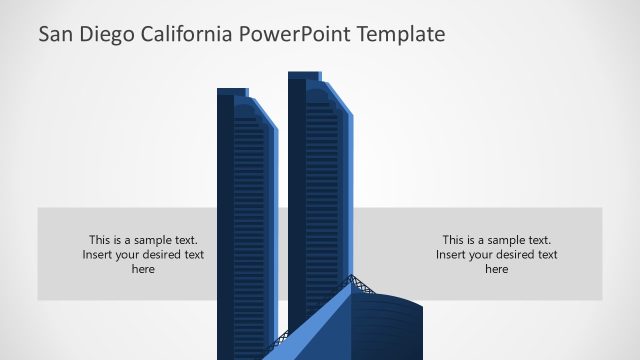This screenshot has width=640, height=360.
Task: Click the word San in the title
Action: (57, 35)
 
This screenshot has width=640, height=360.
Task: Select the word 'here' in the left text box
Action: (143, 269)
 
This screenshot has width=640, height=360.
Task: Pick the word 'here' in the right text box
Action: (497, 269)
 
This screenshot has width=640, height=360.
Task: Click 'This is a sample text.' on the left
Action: (143, 240)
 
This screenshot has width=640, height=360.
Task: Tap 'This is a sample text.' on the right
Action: (497, 240)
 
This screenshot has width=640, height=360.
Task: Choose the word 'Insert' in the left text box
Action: (99, 255)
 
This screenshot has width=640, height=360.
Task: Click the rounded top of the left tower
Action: (249, 106)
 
